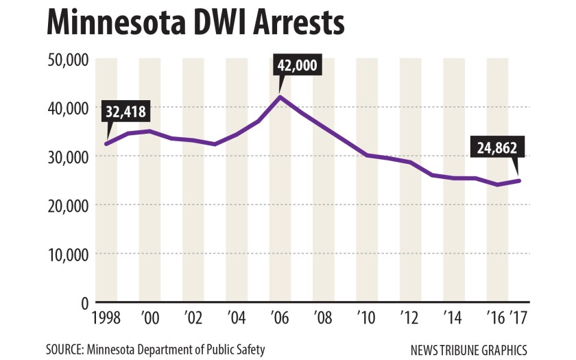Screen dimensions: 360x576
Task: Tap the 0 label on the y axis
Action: [85, 302]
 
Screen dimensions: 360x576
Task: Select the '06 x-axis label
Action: [280, 320]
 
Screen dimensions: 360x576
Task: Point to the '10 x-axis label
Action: [368, 320]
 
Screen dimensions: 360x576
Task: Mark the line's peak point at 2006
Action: [280, 97]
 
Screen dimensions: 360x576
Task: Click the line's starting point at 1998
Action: [106, 144]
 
